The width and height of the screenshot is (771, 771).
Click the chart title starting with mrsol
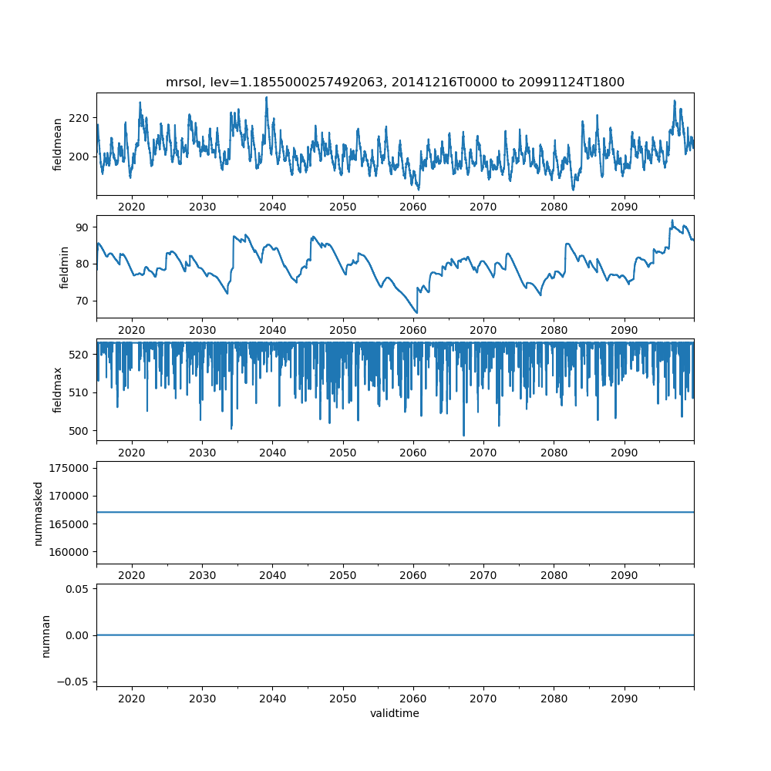point(395,82)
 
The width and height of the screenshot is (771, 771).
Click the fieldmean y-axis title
point(58,144)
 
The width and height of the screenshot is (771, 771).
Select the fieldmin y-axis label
point(65,268)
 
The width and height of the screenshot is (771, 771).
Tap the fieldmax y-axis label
point(58,390)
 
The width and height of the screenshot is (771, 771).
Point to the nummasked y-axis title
point(38,513)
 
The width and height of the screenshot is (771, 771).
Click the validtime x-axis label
point(395,714)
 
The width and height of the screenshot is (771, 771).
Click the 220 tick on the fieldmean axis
point(80,118)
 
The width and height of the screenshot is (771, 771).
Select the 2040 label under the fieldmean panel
point(272,207)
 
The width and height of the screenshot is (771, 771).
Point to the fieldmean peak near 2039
point(267,97)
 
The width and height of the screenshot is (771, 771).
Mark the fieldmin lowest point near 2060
point(416,312)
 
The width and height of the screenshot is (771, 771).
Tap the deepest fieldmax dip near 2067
point(463,436)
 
